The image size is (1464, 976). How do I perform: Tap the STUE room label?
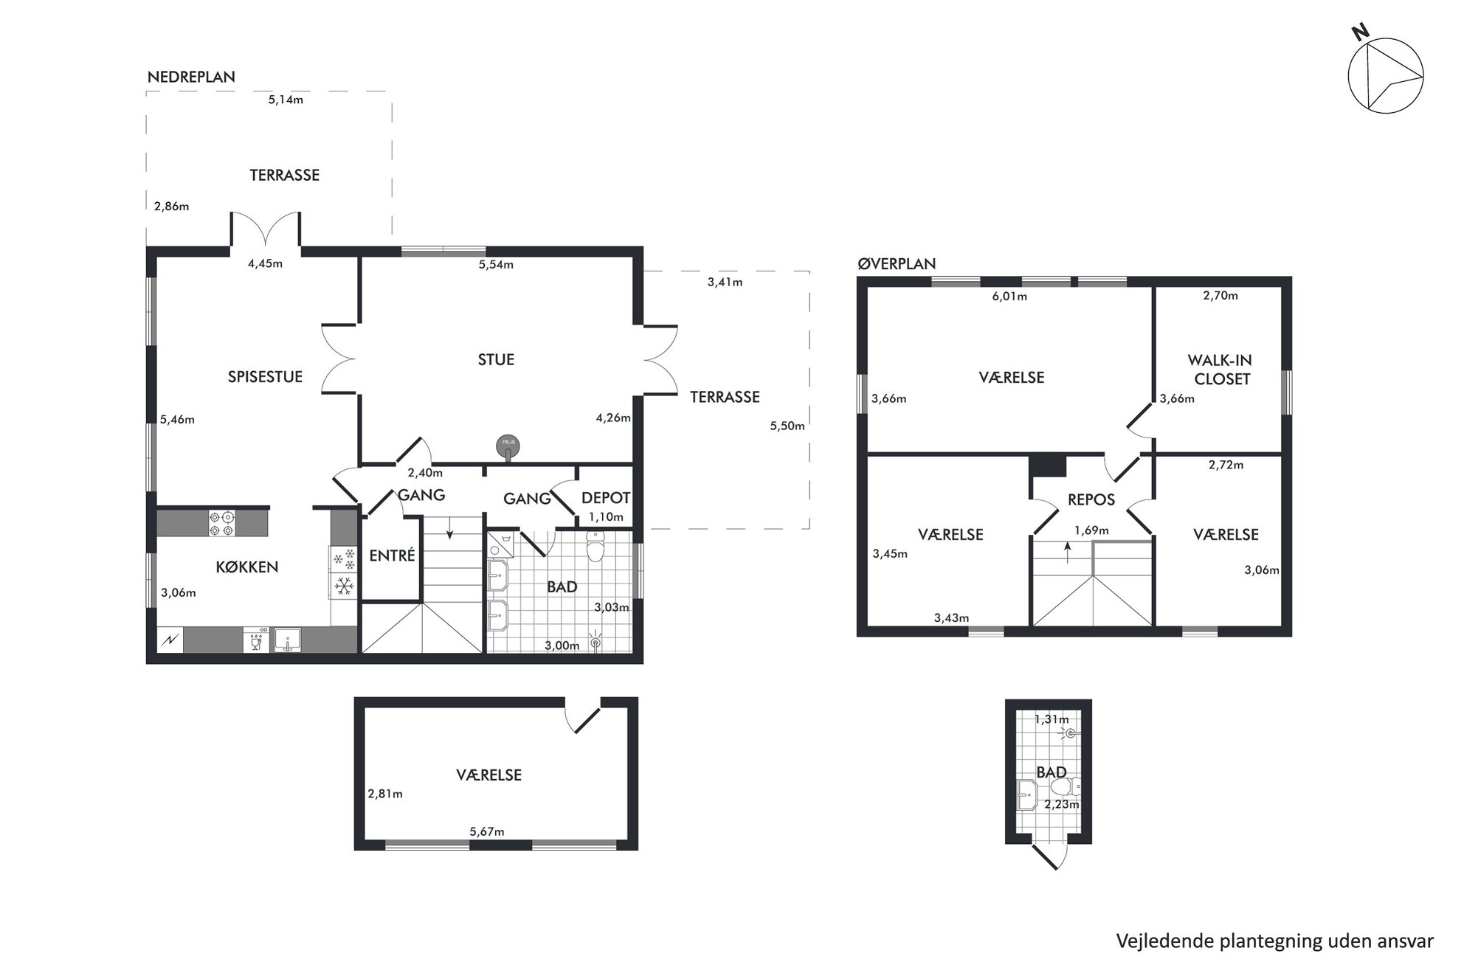tap(496, 359)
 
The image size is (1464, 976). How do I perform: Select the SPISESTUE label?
tap(265, 377)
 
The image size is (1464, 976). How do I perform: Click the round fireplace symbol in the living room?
tap(508, 445)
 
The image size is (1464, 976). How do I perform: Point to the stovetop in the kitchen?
tap(222, 523)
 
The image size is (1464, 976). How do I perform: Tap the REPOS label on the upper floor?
tap(1091, 499)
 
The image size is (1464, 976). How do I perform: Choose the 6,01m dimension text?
tap(1009, 297)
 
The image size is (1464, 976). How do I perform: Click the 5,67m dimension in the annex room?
tap(487, 831)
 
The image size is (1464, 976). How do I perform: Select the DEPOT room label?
tap(606, 498)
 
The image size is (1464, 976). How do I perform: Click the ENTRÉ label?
tap(392, 555)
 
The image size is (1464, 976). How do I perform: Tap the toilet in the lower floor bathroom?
tap(595, 547)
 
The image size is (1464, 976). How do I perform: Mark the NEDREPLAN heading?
tap(191, 77)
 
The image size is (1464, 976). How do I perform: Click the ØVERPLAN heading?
tap(897, 263)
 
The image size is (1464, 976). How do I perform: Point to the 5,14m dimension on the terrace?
tap(286, 100)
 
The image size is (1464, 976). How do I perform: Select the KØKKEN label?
tap(246, 567)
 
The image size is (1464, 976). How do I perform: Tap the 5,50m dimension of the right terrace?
tap(787, 426)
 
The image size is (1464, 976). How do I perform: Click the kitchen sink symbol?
tap(286, 639)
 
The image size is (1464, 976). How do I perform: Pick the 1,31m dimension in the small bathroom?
tap(1052, 719)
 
